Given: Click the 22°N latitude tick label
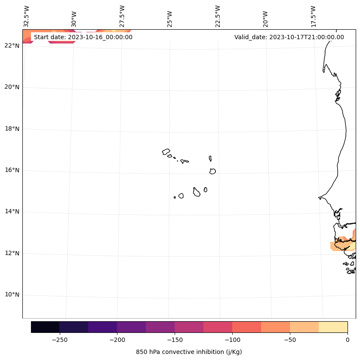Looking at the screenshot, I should [x=12, y=46].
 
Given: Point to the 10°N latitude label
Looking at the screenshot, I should [x=12, y=295].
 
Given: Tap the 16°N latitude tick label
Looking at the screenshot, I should [x=12, y=170].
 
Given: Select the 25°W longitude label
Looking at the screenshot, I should [x=170, y=17].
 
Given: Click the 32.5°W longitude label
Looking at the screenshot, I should [x=27, y=16].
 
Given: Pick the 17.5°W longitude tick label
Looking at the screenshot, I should [x=313, y=16].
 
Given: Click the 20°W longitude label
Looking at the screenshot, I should [x=265, y=17].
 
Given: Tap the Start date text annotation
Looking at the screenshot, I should [x=83, y=37].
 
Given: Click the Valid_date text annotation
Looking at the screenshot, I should [x=289, y=37].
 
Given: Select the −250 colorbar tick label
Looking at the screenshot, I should [x=59, y=340].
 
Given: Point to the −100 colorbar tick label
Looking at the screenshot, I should [x=232, y=340].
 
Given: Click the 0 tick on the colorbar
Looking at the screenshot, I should [x=348, y=340].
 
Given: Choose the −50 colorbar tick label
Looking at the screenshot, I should [x=290, y=340].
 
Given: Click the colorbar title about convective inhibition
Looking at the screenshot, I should [x=189, y=352].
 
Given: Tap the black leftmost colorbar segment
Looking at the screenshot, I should [x=45, y=327].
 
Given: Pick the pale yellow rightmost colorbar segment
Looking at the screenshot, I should [x=333, y=327].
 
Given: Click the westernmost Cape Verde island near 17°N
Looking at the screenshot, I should [x=166, y=152].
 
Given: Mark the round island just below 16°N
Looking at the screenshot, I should [x=212, y=171].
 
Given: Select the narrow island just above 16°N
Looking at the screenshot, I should [x=210, y=158].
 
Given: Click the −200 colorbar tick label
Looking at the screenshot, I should [x=117, y=340].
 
